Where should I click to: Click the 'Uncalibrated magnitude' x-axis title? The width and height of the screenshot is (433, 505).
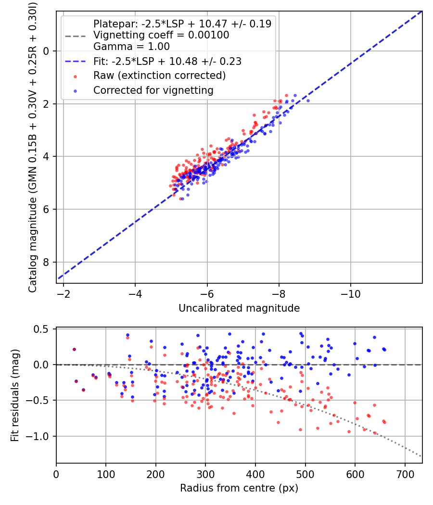pos(239,308)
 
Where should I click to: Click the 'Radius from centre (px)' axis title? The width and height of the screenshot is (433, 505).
pos(239,488)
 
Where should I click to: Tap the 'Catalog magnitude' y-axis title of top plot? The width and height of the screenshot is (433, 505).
pos(32,147)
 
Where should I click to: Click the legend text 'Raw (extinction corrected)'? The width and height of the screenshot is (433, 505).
pos(159,76)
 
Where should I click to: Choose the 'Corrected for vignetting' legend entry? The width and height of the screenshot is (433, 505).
pos(153,90)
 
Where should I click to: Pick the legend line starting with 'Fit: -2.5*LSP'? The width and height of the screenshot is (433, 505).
pos(167,61)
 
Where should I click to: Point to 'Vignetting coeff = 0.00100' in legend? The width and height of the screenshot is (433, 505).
pos(161,35)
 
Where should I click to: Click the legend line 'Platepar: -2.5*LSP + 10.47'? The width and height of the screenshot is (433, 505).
pos(182,24)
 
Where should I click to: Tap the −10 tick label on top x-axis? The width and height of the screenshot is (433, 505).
pos(350,294)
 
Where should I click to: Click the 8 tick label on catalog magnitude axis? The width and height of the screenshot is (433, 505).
pos(47,262)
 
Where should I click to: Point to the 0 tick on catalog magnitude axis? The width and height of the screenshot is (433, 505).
pos(47,51)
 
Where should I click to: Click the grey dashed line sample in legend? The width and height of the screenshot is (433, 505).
pos(75,36)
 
